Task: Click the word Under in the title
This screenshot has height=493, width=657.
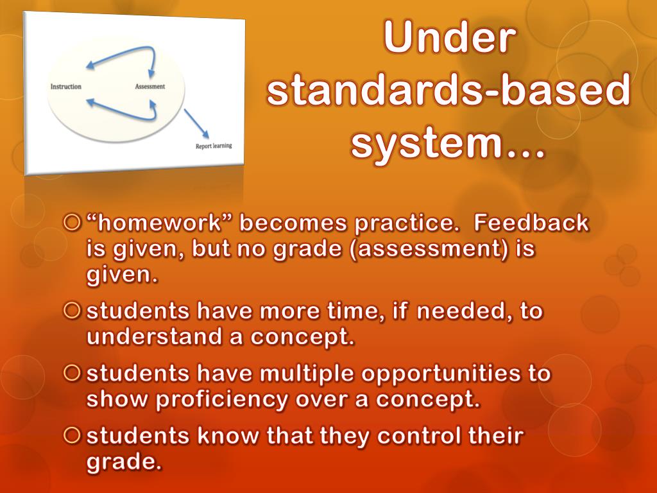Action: pos(448,39)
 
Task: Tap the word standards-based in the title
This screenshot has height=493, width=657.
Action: pos(448,91)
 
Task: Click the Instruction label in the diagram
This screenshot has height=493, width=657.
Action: pos(65,87)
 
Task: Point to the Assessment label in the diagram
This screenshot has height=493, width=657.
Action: pos(149,87)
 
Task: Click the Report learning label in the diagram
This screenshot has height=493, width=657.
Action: pos(214,146)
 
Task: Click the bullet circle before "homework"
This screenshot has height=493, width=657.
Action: pos(73,223)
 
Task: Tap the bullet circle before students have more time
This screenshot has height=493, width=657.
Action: pos(73,311)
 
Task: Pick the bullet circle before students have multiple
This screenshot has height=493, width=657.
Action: pos(73,373)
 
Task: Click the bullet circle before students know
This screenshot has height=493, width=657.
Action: pos(73,435)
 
